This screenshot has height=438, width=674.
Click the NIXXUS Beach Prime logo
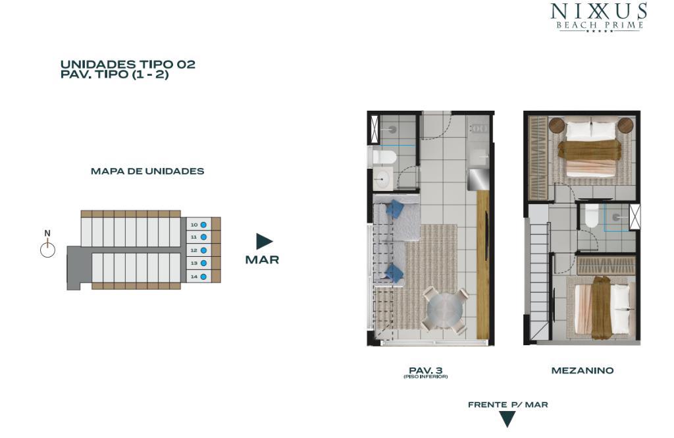tap(599, 17)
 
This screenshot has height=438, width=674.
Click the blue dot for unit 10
tap(203, 225)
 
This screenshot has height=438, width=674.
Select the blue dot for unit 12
tap(203, 250)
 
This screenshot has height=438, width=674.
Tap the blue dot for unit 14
tap(203, 277)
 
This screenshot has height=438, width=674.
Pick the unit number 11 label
tap(194, 237)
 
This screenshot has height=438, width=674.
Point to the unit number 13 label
tap(194, 263)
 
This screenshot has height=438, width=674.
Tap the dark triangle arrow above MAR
tap(265, 241)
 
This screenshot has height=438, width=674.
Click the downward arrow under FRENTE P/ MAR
tap(507, 419)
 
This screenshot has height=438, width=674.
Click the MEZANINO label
tap(583, 370)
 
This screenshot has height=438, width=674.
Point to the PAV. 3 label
tap(426, 370)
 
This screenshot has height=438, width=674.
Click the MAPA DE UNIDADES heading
tap(147, 171)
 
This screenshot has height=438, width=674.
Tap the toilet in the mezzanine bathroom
tap(592, 216)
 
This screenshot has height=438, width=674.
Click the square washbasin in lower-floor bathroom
tap(382, 178)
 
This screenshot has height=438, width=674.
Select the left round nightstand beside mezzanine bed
tap(557, 126)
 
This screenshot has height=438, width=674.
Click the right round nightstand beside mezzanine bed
tap(625, 126)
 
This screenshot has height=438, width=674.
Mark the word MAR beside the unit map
tap(262, 260)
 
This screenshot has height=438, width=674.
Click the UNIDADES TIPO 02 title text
tap(128, 65)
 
